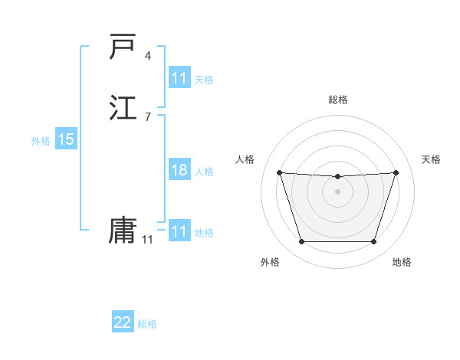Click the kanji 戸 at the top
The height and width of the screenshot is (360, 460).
click(123, 47)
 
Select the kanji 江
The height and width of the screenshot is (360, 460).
click(123, 106)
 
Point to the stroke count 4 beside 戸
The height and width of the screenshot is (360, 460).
click(147, 56)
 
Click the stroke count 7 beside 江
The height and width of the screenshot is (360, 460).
click(147, 116)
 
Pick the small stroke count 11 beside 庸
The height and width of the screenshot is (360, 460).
click(147, 240)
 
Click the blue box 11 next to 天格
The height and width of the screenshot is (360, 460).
click(179, 78)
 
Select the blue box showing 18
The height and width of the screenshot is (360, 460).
click(179, 170)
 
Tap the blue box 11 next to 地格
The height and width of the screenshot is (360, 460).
click(179, 231)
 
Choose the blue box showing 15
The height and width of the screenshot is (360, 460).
click(66, 139)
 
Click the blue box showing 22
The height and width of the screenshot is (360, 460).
click(123, 322)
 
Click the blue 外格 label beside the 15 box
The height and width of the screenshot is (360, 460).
click(41, 141)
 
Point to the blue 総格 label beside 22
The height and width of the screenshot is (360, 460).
click(147, 324)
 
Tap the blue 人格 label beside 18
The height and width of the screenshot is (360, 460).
click(204, 172)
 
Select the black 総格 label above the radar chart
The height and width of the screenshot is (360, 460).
click(338, 100)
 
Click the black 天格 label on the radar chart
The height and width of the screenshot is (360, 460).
click(431, 159)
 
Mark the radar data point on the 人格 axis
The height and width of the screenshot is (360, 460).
click(280, 173)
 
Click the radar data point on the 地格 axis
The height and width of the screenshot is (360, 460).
click(373, 242)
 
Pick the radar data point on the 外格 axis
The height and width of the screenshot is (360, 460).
click(301, 242)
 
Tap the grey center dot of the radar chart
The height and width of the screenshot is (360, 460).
click(337, 191)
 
